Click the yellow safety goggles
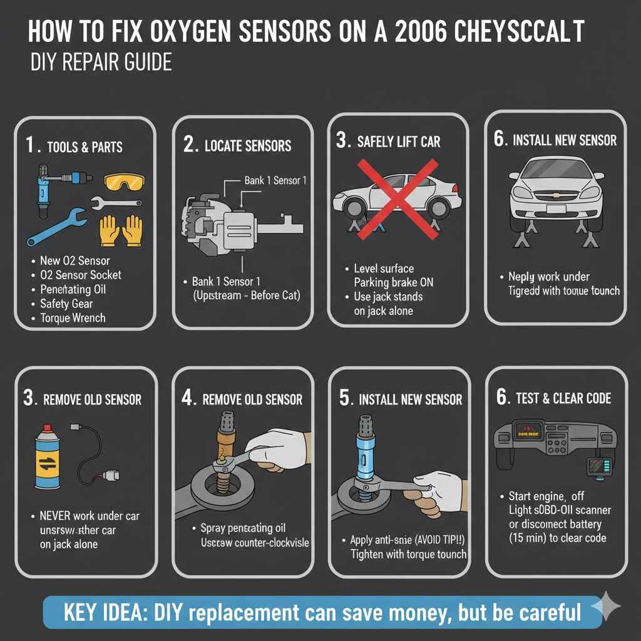pyautogui.click(x=124, y=182)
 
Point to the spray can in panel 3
pyautogui.click(x=46, y=456)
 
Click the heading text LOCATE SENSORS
pyautogui.click(x=248, y=146)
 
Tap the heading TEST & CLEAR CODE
pyautogui.click(x=563, y=399)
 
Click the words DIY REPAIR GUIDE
pyautogui.click(x=101, y=64)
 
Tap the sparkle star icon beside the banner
pyautogui.click(x=606, y=607)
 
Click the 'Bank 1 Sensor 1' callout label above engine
pyautogui.click(x=275, y=180)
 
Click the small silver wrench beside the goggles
pyautogui.click(x=116, y=203)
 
